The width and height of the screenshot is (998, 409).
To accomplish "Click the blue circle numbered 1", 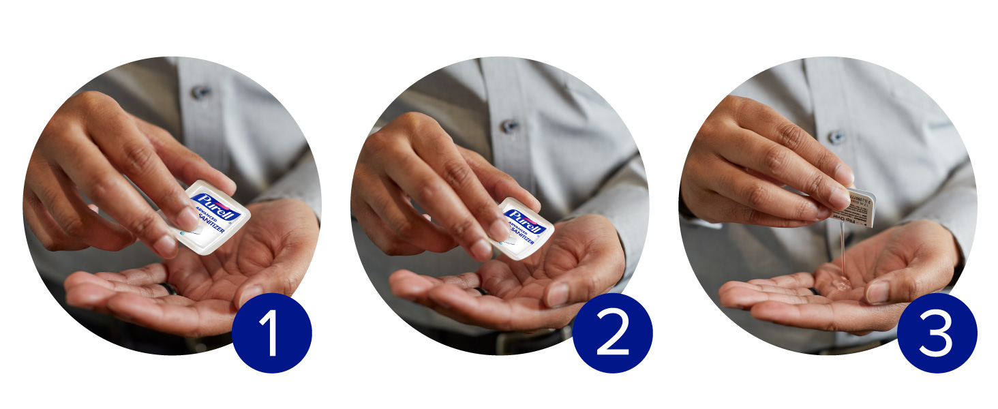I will pos(271,333).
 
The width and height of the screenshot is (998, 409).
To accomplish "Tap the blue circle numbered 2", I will pos(612,333).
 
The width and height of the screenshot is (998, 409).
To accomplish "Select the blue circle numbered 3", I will pos(937,333).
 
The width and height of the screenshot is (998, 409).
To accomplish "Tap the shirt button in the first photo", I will pos(200,91).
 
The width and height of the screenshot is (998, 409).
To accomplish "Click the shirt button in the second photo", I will pos(509,126).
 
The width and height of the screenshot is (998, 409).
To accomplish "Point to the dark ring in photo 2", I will pos(483,291).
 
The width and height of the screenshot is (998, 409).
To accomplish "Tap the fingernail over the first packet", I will pos(185,219).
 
